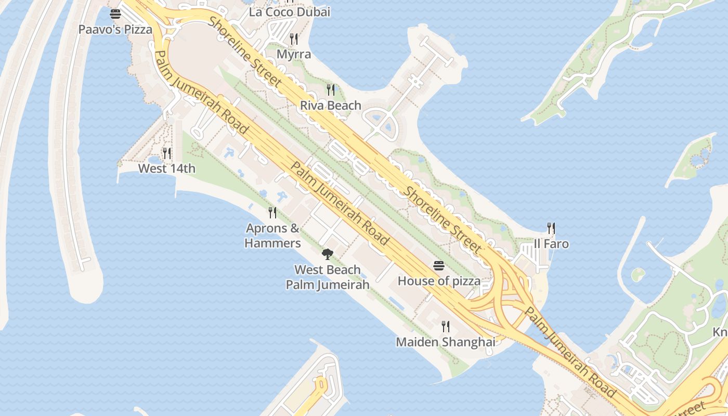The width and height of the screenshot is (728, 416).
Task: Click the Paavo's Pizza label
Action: tap(115, 29)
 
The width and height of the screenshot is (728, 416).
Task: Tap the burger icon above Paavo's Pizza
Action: tap(115, 14)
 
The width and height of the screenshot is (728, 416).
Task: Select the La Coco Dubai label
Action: tap(290, 12)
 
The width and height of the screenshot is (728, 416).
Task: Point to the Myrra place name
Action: tap(294, 54)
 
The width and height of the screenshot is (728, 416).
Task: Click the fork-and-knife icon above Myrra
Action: tap(294, 39)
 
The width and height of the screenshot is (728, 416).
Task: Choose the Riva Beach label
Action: tap(331, 106)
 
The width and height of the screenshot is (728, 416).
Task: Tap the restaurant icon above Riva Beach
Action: tap(331, 90)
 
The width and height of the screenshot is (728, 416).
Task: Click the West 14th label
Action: tap(167, 168)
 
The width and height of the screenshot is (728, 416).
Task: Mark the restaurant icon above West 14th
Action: tap(167, 153)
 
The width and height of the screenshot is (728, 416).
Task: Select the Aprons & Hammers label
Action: tap(272, 236)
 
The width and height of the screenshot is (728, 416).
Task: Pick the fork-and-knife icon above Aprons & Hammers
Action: tap(272, 212)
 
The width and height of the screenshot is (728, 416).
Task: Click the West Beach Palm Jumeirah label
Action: tap(328, 277)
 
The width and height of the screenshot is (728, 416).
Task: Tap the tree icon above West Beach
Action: tap(328, 254)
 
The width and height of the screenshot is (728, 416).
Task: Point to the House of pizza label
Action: tap(439, 281)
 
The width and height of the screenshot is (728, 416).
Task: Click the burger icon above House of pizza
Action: tap(439, 266)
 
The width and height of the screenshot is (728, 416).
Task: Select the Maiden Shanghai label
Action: tap(446, 342)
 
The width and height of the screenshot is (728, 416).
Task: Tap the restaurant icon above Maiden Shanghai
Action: tap(446, 327)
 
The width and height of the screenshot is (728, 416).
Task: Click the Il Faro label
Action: tap(551, 244)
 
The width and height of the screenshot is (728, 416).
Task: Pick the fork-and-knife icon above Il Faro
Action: tap(551, 228)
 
